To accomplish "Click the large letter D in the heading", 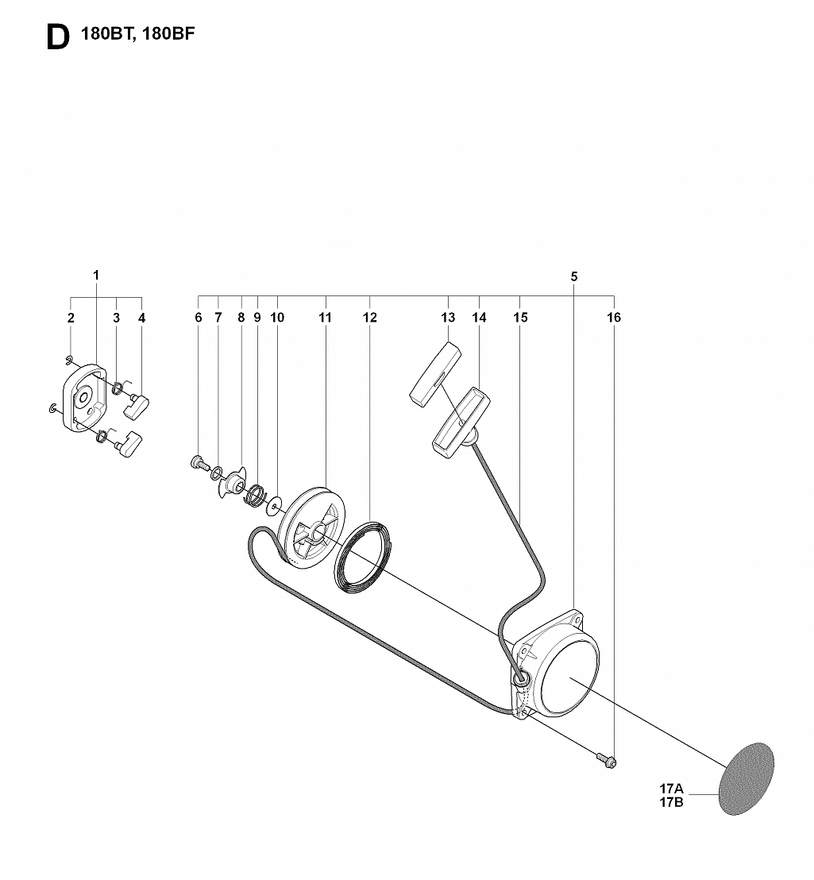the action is tap(58, 37).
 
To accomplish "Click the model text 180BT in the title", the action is tap(106, 33).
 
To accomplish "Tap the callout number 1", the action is tap(96, 275).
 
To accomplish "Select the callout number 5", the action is tap(574, 276).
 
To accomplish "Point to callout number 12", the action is tap(370, 318).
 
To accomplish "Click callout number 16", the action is tap(614, 318).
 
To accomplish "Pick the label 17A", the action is tap(672, 789).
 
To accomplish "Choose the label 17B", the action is tap(672, 802).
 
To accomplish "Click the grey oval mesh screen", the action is tap(746, 779).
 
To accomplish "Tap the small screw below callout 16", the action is tap(607, 761).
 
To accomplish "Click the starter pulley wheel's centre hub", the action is tap(318, 529).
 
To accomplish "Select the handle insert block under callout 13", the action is tap(435, 373).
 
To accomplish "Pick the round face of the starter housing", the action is tap(568, 677).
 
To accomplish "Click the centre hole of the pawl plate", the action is tap(83, 397).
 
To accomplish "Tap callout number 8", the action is tap(241, 318).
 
